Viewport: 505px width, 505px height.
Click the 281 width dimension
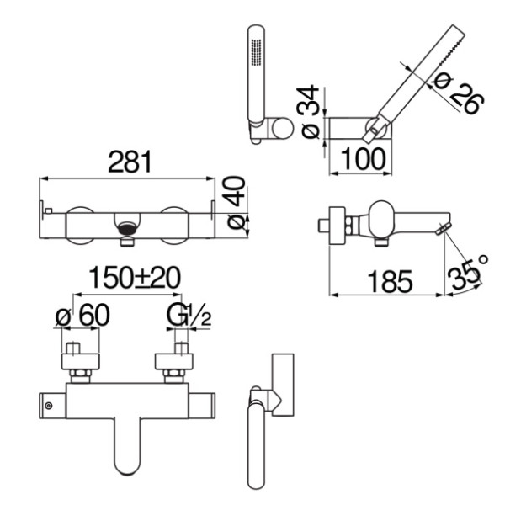click(x=130, y=162)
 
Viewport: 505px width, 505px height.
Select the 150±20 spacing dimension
click(x=135, y=277)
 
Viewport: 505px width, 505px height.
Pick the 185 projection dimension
click(x=390, y=281)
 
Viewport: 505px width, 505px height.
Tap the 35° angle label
click(x=468, y=272)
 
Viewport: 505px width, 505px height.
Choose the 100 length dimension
click(x=363, y=159)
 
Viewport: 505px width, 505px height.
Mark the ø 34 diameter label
click(x=309, y=111)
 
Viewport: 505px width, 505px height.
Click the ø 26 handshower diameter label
click(x=458, y=93)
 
